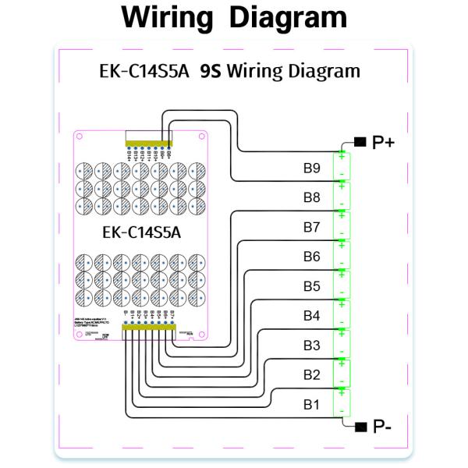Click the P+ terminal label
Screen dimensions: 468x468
tap(385, 142)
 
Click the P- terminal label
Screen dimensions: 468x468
tap(383, 426)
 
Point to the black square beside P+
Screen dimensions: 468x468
tap(359, 142)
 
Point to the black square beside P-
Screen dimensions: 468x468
tap(359, 426)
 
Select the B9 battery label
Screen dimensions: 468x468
tap(311, 167)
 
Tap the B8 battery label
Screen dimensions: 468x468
tap(311, 197)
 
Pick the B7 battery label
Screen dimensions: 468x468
tap(311, 227)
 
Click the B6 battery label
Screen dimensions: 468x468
tap(311, 257)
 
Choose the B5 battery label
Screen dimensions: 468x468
tap(311, 286)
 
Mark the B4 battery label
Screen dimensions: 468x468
tap(311, 316)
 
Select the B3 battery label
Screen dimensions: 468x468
tap(311, 346)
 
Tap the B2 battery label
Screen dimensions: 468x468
tap(311, 375)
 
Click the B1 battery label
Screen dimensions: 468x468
tap(311, 405)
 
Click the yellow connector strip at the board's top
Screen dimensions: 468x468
tap(148, 145)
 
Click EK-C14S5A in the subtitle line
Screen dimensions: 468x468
tap(142, 72)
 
